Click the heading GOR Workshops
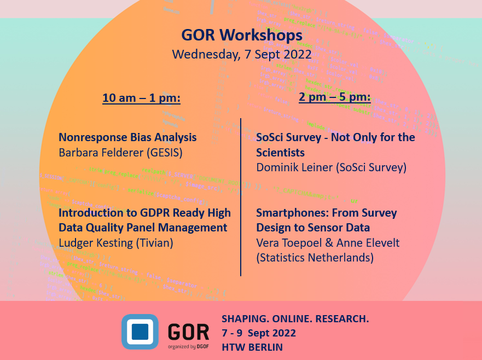coord(241,35)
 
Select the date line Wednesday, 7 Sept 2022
coord(241,55)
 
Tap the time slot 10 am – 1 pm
coord(141,98)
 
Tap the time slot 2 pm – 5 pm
coord(334,97)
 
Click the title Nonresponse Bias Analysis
coord(127,137)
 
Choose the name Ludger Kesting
coord(93,242)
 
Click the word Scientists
coord(280,152)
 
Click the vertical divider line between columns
coord(241,197)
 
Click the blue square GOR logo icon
coord(140,331)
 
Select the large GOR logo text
coord(188,330)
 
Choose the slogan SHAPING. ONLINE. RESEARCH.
coord(295,319)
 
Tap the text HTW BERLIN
coord(252,346)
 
